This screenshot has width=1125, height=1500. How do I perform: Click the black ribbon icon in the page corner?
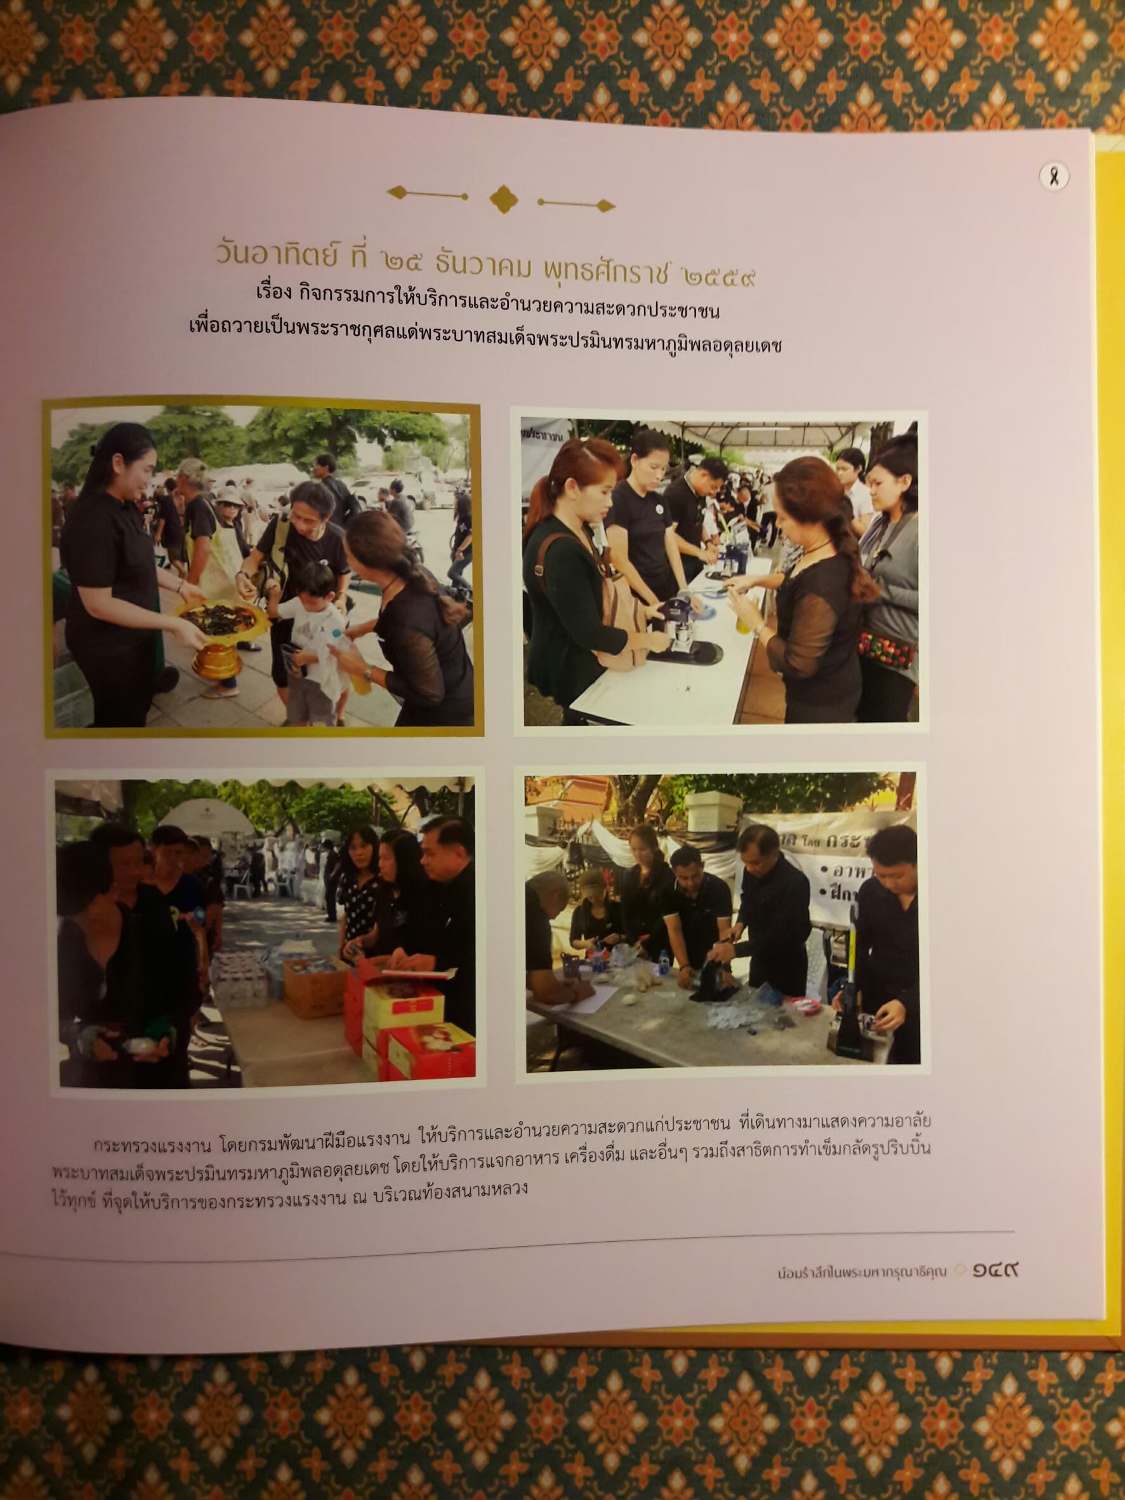click(1054, 178)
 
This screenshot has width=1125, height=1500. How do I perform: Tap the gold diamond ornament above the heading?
click(503, 199)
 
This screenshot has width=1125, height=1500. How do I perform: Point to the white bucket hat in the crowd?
click(229, 494)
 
